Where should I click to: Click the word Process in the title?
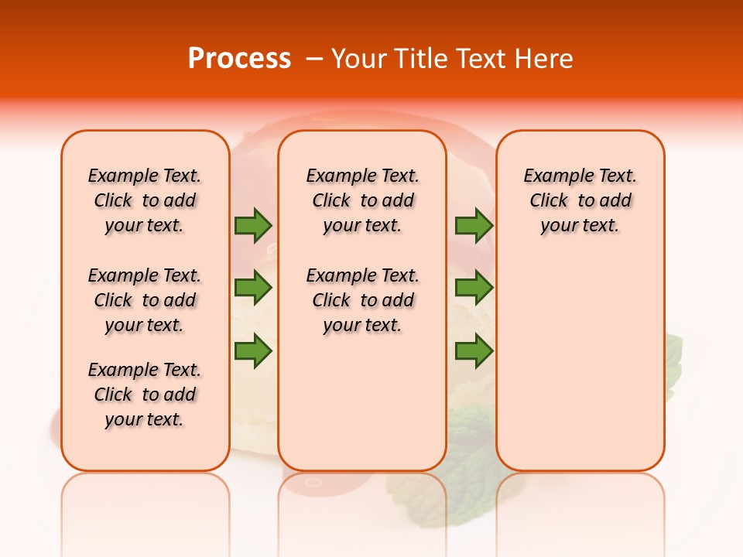pyautogui.click(x=239, y=59)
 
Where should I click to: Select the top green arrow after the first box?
pyautogui.click(x=253, y=225)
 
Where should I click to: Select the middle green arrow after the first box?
pyautogui.click(x=253, y=288)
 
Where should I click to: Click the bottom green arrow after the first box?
pyautogui.click(x=253, y=351)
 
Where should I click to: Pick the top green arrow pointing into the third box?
pyautogui.click(x=474, y=225)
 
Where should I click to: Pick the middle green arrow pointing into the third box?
pyautogui.click(x=474, y=288)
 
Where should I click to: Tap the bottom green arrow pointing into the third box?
pyautogui.click(x=474, y=351)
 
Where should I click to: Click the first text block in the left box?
pyautogui.click(x=145, y=200)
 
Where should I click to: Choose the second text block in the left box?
pyautogui.click(x=145, y=300)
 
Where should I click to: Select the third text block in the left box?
pyautogui.click(x=145, y=395)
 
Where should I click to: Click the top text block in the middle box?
pyautogui.click(x=362, y=200)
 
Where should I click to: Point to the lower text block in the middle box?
pyautogui.click(x=362, y=300)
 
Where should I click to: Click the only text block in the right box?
pyautogui.click(x=580, y=200)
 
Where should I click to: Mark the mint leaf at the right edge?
pyautogui.click(x=674, y=360)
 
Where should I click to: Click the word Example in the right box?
pyautogui.click(x=551, y=176)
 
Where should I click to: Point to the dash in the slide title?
pyautogui.click(x=314, y=59)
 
